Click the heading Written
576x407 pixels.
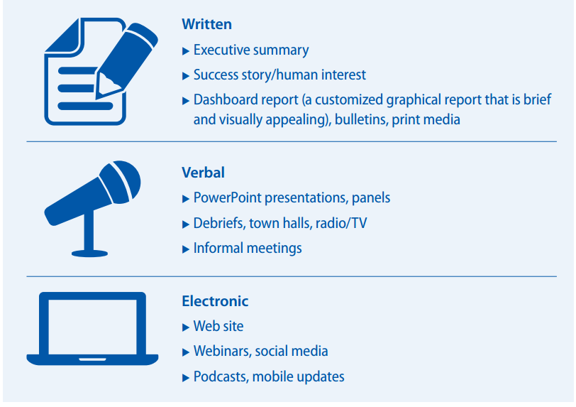[207, 24]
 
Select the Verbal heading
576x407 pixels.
[203, 173]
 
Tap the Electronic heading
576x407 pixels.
[215, 301]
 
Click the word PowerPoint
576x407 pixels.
[227, 197]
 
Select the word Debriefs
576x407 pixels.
[219, 223]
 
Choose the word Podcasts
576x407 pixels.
[221, 376]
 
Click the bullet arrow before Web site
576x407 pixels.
[186, 327]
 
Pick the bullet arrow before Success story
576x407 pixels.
[186, 76]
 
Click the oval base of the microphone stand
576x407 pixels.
[89, 253]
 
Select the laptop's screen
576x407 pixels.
[92, 327]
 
